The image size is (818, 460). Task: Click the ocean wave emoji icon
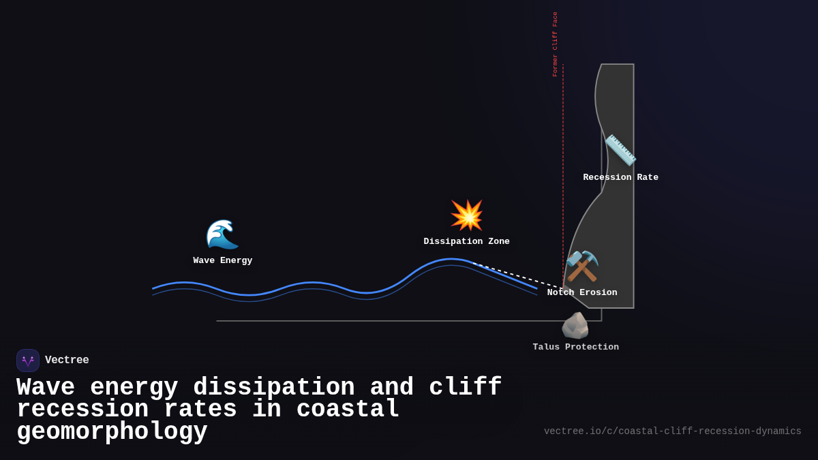(x=222, y=234)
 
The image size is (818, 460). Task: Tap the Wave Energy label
(x=222, y=260)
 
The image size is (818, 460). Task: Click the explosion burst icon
(x=467, y=215)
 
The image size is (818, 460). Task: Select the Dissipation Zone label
(x=466, y=241)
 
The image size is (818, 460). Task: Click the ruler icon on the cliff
(x=620, y=150)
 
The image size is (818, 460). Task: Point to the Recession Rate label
(x=620, y=177)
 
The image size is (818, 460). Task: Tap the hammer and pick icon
(x=582, y=266)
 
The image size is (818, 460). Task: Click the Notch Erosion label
(x=582, y=292)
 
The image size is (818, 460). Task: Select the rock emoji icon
(x=575, y=326)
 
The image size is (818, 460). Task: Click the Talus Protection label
(x=575, y=347)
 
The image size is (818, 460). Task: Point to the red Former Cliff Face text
(x=555, y=44)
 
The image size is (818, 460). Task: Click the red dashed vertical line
(x=563, y=170)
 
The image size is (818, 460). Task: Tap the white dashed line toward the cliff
(x=518, y=275)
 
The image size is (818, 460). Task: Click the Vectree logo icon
(x=28, y=361)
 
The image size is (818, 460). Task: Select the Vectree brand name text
(x=67, y=360)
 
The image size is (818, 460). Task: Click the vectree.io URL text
(x=672, y=431)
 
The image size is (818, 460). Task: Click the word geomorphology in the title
(x=112, y=432)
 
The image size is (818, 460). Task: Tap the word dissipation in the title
(x=273, y=388)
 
